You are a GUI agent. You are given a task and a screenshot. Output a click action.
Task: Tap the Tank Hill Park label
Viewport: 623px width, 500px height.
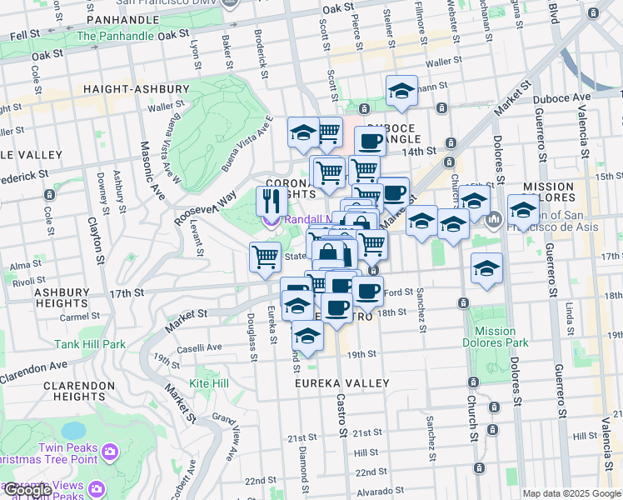pyautogui.click(x=90, y=343)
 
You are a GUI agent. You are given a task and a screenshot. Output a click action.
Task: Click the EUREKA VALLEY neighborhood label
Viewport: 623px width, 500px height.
pyautogui.click(x=341, y=382)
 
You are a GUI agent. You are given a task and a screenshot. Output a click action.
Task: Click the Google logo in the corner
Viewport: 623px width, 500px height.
pyautogui.click(x=28, y=490)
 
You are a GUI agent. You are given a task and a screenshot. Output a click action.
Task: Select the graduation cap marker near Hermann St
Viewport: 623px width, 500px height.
pyautogui.click(x=401, y=91)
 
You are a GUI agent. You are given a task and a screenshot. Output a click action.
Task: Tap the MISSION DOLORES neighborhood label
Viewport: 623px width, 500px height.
pyautogui.click(x=547, y=192)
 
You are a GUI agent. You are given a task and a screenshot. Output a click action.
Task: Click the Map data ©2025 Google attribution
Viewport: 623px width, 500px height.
pyautogui.click(x=571, y=493)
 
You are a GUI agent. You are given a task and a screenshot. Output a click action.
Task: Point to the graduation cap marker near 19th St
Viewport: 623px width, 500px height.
pyautogui.click(x=307, y=337)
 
